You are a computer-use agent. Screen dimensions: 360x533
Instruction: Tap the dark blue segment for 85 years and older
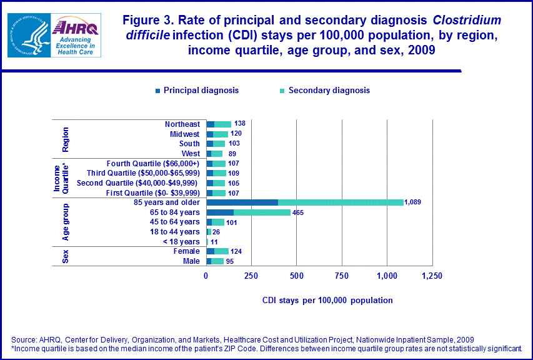(x=242, y=202)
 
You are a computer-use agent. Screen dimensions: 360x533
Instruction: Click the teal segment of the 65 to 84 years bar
(x=262, y=212)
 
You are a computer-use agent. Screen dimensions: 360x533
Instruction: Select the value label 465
(x=298, y=212)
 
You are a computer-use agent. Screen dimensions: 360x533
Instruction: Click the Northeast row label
(x=182, y=124)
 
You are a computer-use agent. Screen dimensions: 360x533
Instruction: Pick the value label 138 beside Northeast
(x=239, y=124)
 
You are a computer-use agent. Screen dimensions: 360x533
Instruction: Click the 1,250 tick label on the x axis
(x=431, y=276)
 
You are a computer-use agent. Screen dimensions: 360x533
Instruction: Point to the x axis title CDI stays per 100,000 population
(x=327, y=301)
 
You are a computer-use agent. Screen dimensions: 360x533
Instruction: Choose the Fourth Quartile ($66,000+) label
(x=153, y=164)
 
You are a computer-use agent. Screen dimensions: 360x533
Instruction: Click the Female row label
(x=187, y=251)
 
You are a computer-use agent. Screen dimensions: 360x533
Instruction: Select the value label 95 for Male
(x=229, y=261)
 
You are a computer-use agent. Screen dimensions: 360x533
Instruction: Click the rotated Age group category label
(x=66, y=222)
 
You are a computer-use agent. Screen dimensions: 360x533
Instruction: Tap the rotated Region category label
(x=66, y=139)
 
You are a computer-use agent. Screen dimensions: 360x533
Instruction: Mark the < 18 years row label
(x=181, y=242)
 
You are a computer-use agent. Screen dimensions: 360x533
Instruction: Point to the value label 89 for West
(x=232, y=154)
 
